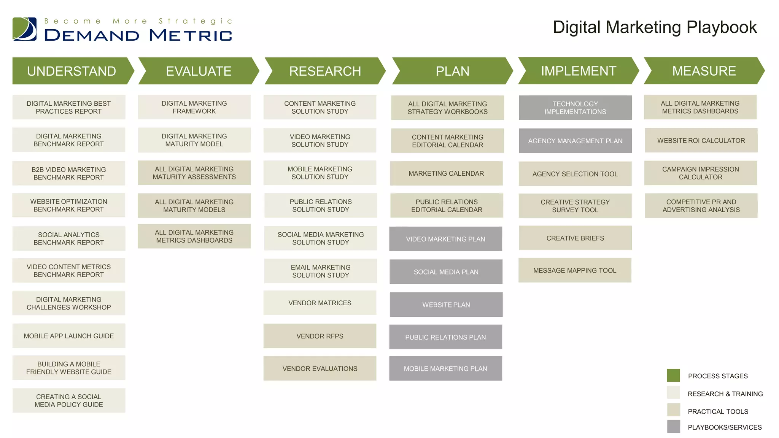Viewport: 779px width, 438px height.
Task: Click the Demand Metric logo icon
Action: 25,29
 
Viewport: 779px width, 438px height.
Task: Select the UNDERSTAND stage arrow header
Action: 72,71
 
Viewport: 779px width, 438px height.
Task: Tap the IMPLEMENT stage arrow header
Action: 578,71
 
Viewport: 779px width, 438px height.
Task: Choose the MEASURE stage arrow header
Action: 704,71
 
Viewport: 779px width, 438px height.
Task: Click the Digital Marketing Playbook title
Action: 655,27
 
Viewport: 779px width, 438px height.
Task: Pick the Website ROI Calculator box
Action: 701,141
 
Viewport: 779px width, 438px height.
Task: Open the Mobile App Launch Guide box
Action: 69,336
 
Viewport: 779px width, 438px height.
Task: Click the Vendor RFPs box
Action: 320,336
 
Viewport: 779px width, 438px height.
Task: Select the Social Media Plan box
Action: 446,272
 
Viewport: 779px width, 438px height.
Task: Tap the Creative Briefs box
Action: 575,238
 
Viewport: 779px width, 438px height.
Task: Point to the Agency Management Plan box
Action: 575,141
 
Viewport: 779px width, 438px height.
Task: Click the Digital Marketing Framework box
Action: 194,107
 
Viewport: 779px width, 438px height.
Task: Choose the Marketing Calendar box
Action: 446,173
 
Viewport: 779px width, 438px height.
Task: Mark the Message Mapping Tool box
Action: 575,271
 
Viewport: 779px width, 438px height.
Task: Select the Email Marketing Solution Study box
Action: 321,271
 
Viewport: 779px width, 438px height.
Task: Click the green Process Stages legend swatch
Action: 673,375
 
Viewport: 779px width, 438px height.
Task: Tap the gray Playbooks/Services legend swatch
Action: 673,427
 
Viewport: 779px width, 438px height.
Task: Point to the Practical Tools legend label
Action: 718,411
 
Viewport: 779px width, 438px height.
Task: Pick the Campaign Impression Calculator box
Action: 701,173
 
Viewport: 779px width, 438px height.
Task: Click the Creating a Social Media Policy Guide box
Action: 69,401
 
